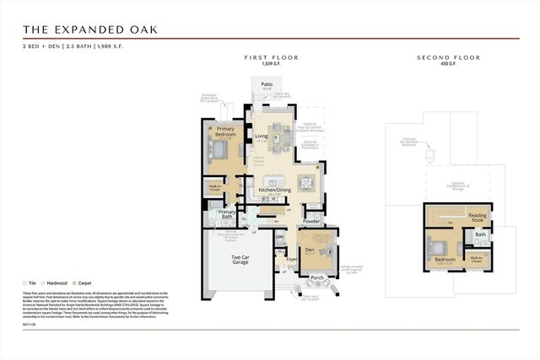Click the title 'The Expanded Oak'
pos(89,30)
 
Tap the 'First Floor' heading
pos(272,57)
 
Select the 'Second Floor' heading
pos(449,57)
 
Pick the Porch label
pos(317,277)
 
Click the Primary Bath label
pos(227,214)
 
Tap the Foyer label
pos(292,260)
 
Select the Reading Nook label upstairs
pos(478,218)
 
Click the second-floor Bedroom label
pos(445,259)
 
